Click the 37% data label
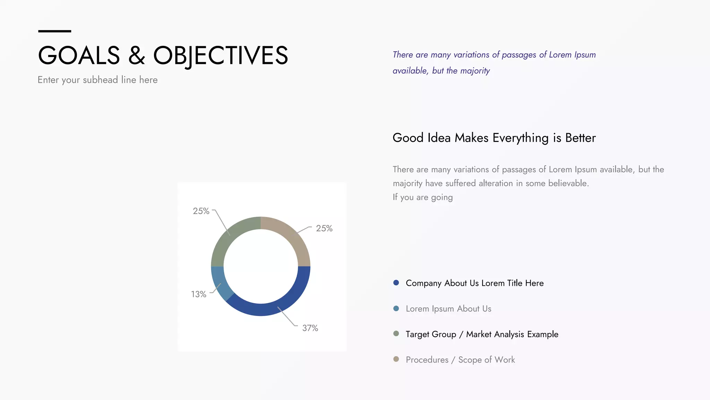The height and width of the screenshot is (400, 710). point(310,328)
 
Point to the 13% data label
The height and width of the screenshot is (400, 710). point(199,294)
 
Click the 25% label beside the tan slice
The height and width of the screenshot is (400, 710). point(324,228)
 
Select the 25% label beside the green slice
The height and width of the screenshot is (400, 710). point(201,211)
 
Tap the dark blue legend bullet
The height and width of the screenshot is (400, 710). point(396,283)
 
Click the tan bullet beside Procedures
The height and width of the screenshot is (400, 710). point(396,359)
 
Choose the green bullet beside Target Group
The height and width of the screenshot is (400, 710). point(396,334)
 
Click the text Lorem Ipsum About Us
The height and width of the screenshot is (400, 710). point(448,309)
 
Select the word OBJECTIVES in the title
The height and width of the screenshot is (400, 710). point(220,56)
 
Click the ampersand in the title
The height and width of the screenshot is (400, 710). point(137,56)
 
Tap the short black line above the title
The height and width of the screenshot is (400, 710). point(54,31)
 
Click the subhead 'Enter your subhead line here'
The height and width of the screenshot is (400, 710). point(97,80)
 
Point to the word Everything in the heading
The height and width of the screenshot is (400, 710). point(521,138)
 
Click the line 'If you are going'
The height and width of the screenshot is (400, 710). point(423,197)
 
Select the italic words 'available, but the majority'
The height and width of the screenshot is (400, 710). point(441,71)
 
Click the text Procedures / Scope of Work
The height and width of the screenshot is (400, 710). point(460,360)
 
